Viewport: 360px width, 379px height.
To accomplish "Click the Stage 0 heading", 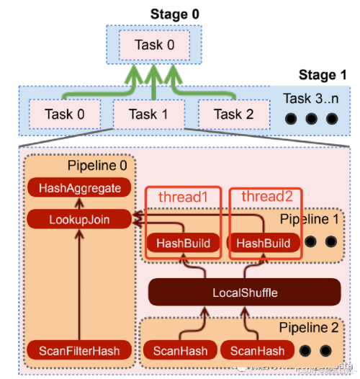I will coord(174,14).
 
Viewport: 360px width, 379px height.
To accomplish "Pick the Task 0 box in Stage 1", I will coord(63,114).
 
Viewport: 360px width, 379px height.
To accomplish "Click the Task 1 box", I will coord(148,114).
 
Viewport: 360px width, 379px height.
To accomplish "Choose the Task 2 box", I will coord(232,114).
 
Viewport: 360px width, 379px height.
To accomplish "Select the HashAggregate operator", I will coord(80,188).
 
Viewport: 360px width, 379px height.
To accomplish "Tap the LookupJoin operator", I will coord(80,218).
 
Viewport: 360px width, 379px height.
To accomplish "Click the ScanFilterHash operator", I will coord(80,351).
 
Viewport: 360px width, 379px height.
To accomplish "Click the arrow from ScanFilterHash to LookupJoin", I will coord(80,288).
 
